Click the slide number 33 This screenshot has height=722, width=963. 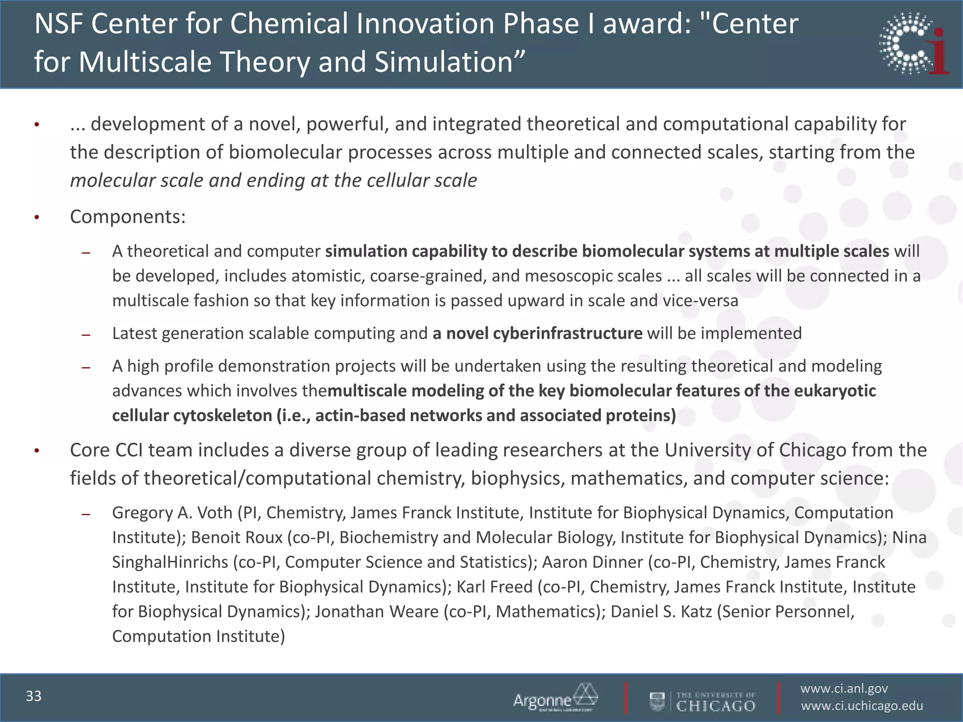(34, 696)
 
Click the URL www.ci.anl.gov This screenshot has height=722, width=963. (844, 689)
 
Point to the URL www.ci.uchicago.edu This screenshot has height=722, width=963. (862, 706)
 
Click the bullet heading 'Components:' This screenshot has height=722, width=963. (128, 217)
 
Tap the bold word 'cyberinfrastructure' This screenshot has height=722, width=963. (568, 333)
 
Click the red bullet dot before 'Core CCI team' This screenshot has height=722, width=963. (36, 451)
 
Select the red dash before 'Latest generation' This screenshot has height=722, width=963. (86, 335)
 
